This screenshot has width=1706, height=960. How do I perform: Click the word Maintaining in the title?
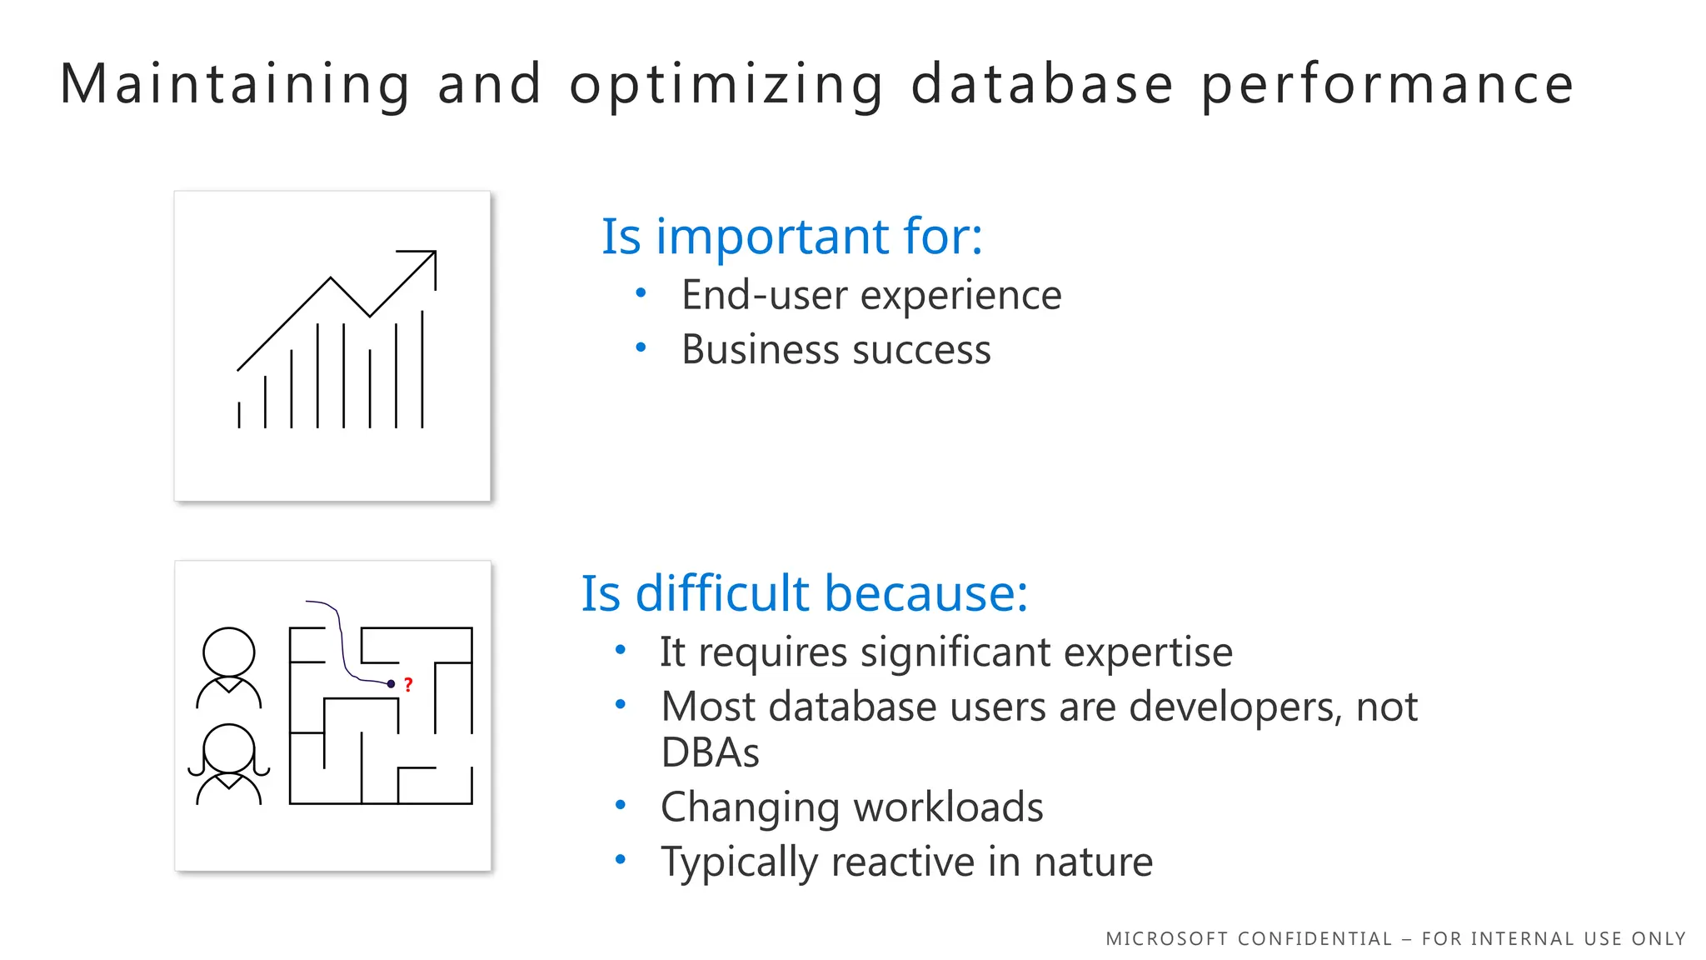coord(236,85)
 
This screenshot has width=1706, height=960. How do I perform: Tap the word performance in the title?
coord(1387,85)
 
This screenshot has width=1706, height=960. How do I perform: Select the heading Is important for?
coord(791,236)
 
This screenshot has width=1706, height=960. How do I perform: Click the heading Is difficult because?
coord(804,593)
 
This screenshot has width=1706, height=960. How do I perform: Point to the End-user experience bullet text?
coord(871,295)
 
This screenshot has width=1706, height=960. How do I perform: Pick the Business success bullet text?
coord(836,349)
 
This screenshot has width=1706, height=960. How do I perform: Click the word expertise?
coord(1148,652)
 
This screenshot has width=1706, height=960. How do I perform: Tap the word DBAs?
coord(710,752)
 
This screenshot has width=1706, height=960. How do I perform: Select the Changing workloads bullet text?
coord(851,807)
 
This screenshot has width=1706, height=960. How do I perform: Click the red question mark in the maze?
coord(408,685)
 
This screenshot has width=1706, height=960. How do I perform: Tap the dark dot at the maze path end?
coord(392,684)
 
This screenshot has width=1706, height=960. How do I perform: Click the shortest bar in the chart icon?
coord(239,415)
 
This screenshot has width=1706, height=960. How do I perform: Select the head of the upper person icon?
coord(229,652)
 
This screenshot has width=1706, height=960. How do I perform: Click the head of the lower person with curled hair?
coord(229,748)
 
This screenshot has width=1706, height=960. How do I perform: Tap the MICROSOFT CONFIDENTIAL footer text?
coord(1395,939)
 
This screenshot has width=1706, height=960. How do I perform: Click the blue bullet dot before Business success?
coord(641,347)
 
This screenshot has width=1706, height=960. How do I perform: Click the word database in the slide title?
coord(1042,85)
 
